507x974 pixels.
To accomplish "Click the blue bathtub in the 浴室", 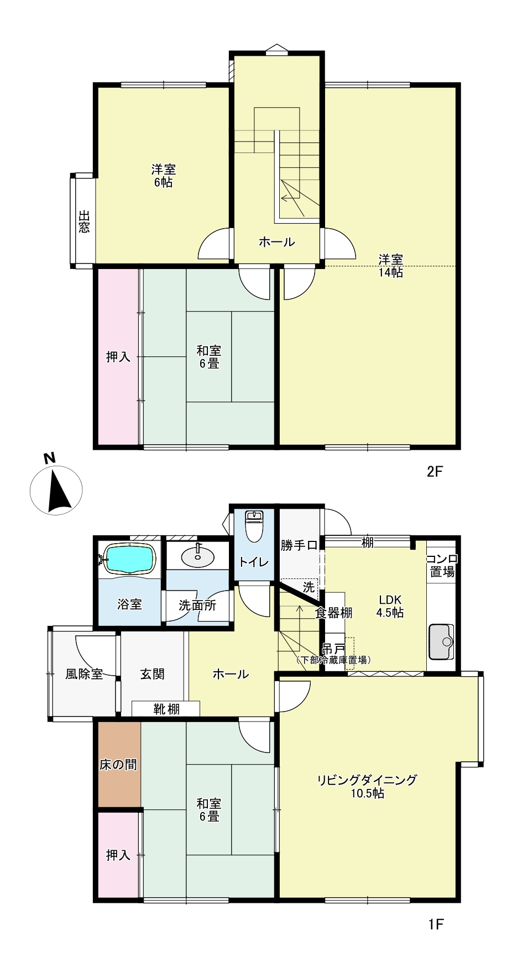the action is click(x=129, y=559).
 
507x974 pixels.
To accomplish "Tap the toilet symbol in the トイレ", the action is click(x=254, y=527).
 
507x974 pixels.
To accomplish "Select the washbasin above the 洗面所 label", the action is click(x=197, y=555).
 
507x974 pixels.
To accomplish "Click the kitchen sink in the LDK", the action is click(x=441, y=641).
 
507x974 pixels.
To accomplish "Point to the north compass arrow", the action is click(x=59, y=489).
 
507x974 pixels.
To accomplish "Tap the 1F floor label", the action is click(x=436, y=924).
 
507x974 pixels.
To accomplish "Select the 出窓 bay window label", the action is click(x=83, y=221).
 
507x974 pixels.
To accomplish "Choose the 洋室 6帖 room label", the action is click(x=163, y=176).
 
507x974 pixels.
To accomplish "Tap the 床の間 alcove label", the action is click(x=118, y=765).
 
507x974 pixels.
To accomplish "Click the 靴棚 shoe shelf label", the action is click(x=166, y=709).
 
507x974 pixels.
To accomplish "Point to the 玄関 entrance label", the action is click(x=152, y=674).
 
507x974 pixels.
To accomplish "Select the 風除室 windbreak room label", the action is click(x=84, y=674).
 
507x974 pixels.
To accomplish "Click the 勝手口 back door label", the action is click(x=299, y=546).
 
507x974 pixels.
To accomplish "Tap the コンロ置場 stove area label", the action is click(x=442, y=565).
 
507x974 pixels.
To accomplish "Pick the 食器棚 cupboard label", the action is click(x=334, y=613).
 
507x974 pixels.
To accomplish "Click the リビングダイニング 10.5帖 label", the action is click(x=367, y=787).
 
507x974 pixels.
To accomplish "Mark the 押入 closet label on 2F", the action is click(x=118, y=357).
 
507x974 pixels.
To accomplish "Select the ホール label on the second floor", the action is click(x=276, y=242).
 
